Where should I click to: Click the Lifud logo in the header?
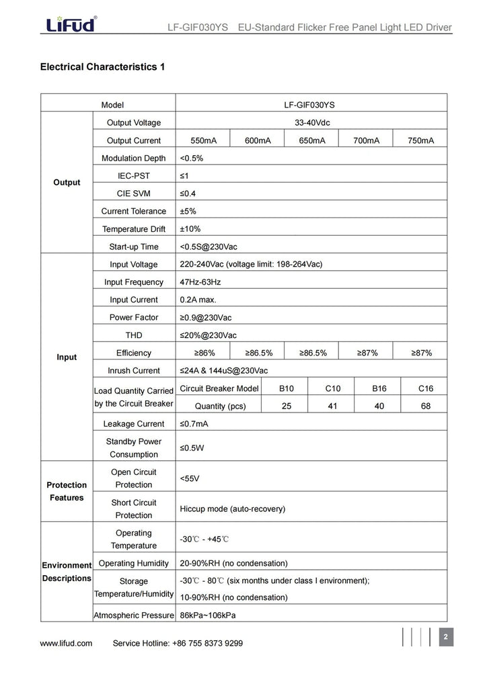tap(71, 25)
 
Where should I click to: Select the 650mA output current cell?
tap(311, 140)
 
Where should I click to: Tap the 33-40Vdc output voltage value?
tap(311, 122)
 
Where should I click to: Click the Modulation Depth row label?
tap(133, 159)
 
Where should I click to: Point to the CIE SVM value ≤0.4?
tap(188, 193)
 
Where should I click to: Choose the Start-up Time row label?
tap(133, 247)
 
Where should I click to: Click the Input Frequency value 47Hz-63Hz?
tap(200, 282)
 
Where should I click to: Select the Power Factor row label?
tap(133, 317)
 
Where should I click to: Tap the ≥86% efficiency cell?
tap(202, 353)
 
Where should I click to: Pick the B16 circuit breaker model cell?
tap(379, 388)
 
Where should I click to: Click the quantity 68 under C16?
tap(425, 406)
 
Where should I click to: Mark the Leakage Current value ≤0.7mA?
tap(194, 424)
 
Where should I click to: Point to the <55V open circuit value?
tap(189, 478)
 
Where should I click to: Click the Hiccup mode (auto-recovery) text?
tap(232, 509)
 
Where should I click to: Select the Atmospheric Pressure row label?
tap(133, 615)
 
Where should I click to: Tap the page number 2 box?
tap(446, 636)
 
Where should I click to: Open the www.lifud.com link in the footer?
tap(66, 643)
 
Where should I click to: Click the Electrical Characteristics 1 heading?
tap(102, 67)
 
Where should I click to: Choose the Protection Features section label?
tap(66, 491)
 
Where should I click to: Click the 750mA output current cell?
tap(421, 140)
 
